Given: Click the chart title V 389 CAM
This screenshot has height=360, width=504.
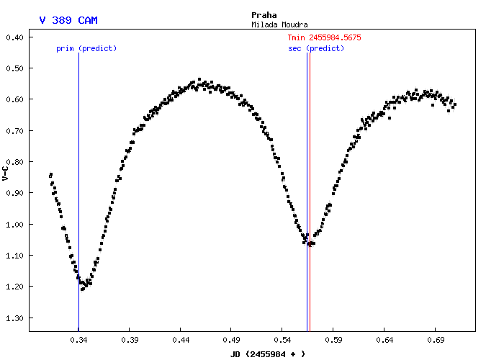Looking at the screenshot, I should tap(68, 21).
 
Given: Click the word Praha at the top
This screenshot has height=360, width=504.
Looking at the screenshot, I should tap(264, 14).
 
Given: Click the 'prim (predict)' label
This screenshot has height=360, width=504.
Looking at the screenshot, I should tap(86, 48).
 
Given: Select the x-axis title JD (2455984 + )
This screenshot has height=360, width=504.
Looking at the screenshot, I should tap(268, 354).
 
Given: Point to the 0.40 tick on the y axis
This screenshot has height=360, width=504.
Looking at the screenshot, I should tap(16, 37).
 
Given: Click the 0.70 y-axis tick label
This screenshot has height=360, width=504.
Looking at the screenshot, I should tap(16, 130).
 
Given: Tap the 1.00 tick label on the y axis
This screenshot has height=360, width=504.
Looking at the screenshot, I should tap(16, 224).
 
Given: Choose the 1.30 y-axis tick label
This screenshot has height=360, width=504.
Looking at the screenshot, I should tap(16, 318).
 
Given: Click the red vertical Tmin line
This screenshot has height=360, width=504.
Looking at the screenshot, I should tap(310, 144).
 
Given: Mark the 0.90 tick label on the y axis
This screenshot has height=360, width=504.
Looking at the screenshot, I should tap(16, 193).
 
